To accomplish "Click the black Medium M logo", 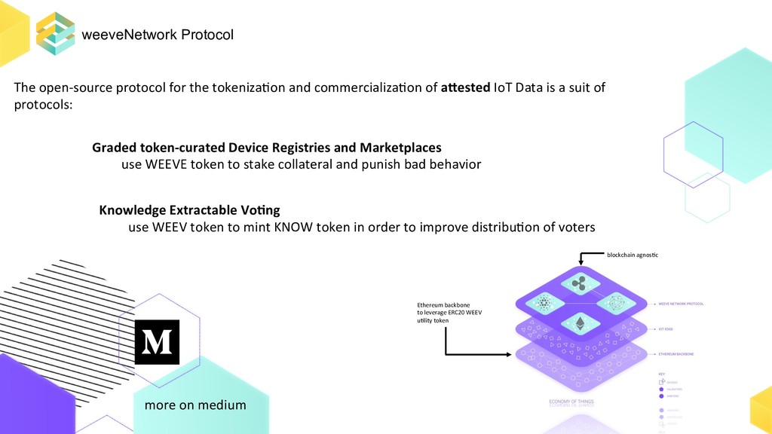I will [157, 342].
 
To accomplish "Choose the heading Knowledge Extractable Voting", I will [189, 209].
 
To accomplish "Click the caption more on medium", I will [195, 405].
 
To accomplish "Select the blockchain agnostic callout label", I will [633, 255].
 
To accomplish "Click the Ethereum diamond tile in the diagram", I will [580, 324].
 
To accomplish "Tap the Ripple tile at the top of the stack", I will [580, 283].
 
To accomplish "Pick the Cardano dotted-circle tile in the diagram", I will [544, 304].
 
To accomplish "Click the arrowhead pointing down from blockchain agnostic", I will [580, 262].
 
